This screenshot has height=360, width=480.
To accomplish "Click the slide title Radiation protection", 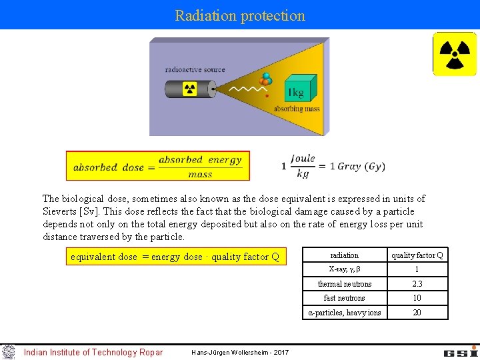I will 240,15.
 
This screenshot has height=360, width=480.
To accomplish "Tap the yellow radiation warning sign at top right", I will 455,54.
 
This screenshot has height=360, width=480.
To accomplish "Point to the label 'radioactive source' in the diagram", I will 195,69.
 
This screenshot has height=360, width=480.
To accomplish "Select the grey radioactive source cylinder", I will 189,89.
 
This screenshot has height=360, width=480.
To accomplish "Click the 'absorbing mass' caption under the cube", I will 297,109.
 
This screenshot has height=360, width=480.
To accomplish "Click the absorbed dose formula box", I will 158,165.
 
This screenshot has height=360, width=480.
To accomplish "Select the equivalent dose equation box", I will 176,257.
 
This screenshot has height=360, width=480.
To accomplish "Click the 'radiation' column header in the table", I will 344,255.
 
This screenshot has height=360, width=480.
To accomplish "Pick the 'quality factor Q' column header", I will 417,255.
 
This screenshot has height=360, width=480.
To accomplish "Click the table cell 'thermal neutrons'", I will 344,284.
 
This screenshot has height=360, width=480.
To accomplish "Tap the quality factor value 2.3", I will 417,284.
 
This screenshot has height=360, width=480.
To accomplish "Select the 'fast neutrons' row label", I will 344,298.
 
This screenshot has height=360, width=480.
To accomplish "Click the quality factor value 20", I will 417,313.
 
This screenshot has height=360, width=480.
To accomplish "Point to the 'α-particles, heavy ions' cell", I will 344,313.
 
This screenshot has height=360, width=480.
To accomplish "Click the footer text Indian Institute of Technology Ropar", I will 93,352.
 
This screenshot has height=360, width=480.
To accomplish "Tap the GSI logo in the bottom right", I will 460,351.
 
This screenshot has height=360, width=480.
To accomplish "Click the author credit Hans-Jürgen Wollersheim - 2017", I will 240,352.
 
